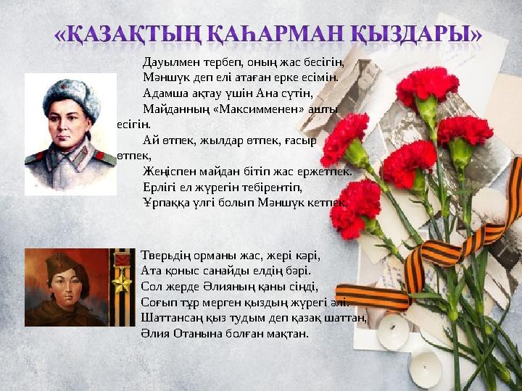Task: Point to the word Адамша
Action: pyautogui.click(x=165, y=93)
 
